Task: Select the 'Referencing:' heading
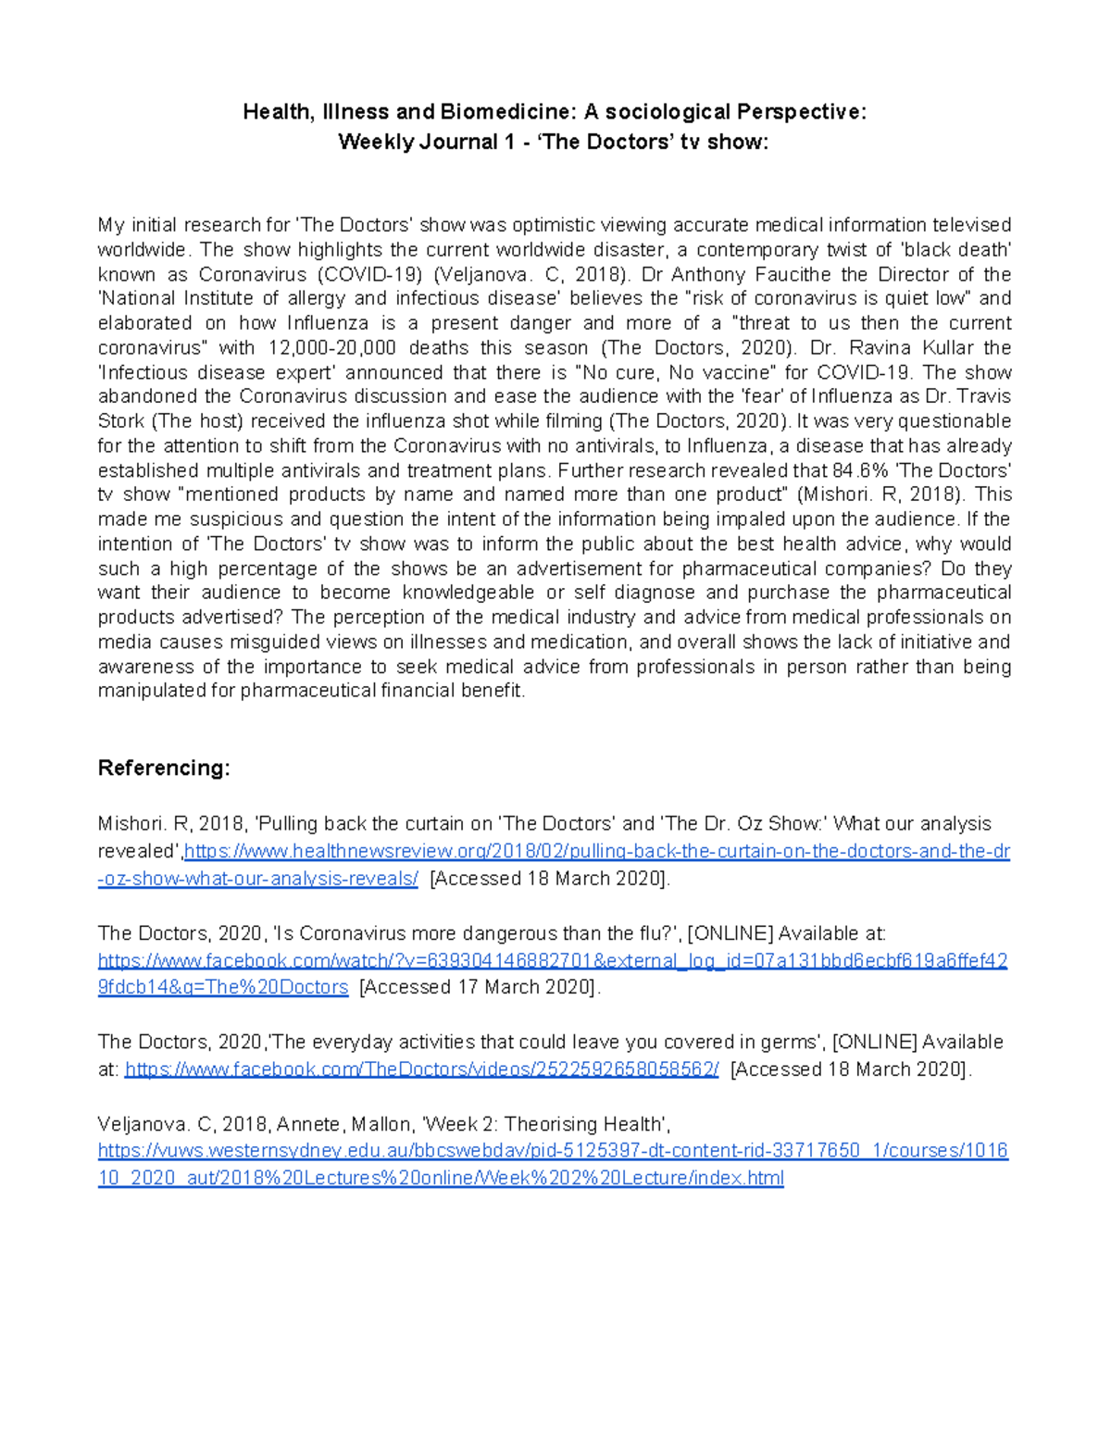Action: pyautogui.click(x=164, y=768)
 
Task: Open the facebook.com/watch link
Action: pyautogui.click(x=552, y=960)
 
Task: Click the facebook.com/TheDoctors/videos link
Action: pyautogui.click(x=421, y=1069)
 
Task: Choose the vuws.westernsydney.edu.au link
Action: pyautogui.click(x=552, y=1151)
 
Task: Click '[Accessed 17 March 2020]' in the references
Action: pyautogui.click(x=480, y=987)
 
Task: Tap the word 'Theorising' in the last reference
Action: pyautogui.click(x=552, y=1124)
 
